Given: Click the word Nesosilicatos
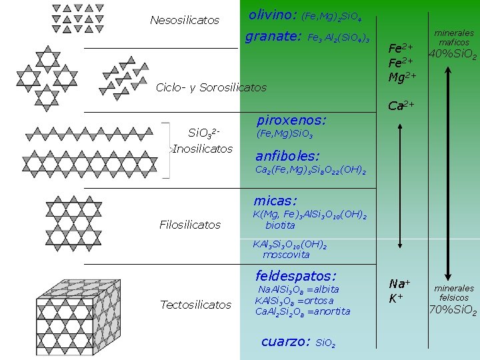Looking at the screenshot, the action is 185,21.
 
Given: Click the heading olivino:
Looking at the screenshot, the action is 273,13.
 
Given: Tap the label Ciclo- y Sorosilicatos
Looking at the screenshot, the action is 211,87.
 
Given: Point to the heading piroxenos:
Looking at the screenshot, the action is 291,121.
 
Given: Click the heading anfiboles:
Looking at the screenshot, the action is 288,157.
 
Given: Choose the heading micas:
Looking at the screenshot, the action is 275,200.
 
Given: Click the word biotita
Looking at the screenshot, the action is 280,225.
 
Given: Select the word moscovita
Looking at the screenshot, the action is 286,254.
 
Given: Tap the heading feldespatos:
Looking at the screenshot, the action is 296,275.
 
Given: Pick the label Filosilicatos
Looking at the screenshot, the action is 190,225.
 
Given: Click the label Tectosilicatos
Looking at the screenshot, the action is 195,305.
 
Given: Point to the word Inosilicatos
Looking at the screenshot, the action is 203,148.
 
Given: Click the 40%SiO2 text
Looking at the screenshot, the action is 453,55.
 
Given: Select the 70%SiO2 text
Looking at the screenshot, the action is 453,310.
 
